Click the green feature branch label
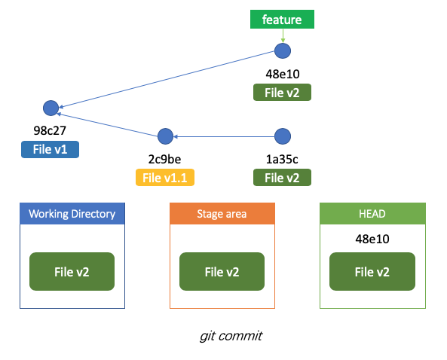[x=282, y=20]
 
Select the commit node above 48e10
[x=283, y=51]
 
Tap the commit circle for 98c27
[x=51, y=108]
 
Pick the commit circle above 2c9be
[x=165, y=136]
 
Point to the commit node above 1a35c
[x=283, y=136]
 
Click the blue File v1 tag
[x=50, y=149]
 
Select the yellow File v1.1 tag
[x=165, y=178]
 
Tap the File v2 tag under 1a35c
[x=282, y=178]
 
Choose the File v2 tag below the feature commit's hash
[x=282, y=93]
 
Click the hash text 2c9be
[x=164, y=159]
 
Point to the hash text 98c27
[x=50, y=130]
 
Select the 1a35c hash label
[x=282, y=159]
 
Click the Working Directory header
[x=72, y=214]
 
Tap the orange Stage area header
[x=222, y=214]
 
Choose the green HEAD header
[x=372, y=214]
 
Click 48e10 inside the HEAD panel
[x=372, y=239]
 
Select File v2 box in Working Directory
[x=72, y=271]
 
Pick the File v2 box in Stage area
[x=222, y=271]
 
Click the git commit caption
[x=231, y=336]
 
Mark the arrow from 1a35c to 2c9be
[x=224, y=137]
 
